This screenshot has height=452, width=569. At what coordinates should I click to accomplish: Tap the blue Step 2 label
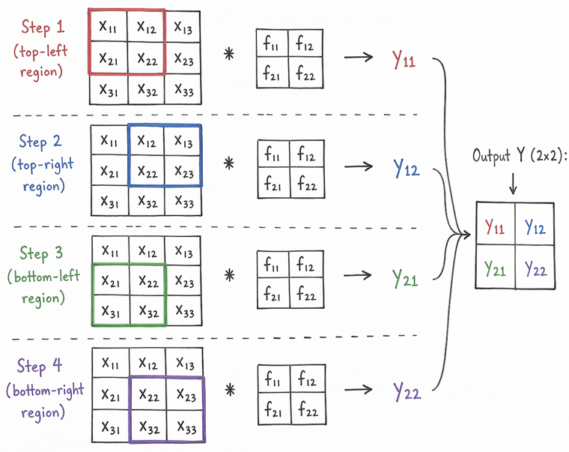(41, 142)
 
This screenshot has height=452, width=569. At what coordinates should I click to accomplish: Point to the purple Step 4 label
(41, 367)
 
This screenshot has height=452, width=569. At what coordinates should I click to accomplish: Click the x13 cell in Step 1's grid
(183, 28)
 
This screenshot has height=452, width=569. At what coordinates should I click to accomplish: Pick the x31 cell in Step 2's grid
(109, 202)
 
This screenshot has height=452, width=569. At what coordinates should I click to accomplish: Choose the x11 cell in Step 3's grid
(109, 250)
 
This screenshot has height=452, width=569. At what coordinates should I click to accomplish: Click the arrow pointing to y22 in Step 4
(360, 391)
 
